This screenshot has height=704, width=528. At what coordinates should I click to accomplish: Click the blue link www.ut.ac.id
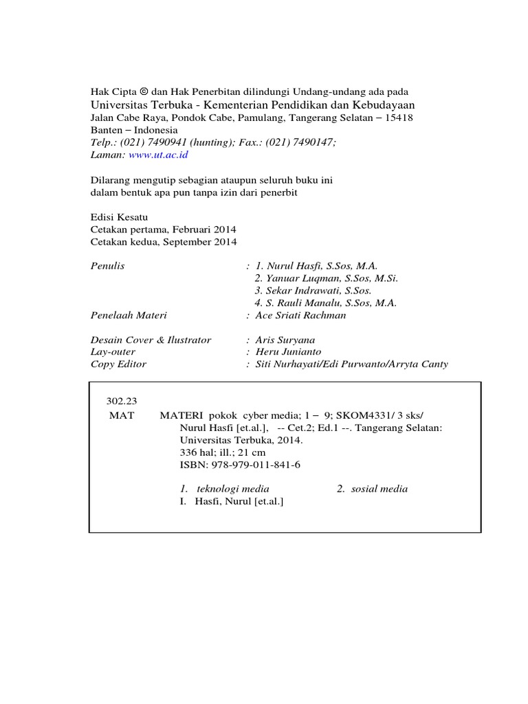[x=158, y=155]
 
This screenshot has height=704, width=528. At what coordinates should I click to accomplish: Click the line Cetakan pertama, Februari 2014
[x=164, y=230]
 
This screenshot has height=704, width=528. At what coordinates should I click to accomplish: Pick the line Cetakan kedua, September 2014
[x=164, y=242]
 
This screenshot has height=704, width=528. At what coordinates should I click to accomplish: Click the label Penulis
[x=108, y=265]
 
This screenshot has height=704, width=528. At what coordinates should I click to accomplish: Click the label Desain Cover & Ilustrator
[x=151, y=340]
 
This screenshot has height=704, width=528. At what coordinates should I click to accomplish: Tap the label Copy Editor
[x=118, y=364]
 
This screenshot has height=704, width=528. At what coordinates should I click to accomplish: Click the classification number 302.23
[x=121, y=401]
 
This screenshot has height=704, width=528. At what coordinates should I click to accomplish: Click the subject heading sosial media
[x=379, y=489]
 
